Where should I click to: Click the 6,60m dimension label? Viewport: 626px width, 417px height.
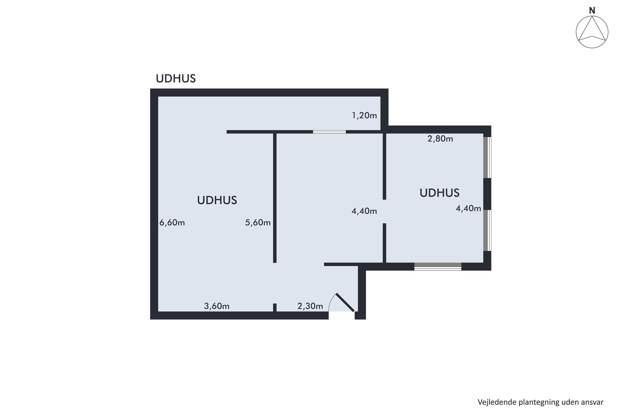click(x=172, y=223)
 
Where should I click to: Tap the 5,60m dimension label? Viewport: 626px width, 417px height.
click(x=258, y=223)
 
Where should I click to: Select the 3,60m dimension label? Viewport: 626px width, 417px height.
click(x=217, y=306)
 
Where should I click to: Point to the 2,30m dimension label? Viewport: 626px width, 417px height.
click(x=310, y=306)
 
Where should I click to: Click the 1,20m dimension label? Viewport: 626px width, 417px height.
click(x=364, y=116)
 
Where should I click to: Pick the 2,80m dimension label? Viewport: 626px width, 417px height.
click(x=440, y=139)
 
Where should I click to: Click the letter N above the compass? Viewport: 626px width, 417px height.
click(x=592, y=11)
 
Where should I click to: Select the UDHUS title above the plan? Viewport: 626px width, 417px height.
click(x=176, y=78)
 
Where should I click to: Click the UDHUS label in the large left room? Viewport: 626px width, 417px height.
click(x=217, y=200)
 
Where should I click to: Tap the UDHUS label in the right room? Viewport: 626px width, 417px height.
click(x=439, y=193)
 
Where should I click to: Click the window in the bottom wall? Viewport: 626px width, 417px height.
click(x=438, y=266)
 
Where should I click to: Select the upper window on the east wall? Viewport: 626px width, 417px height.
click(x=487, y=157)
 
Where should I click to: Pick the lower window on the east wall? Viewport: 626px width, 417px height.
click(x=487, y=230)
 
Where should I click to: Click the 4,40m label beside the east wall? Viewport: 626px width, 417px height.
click(x=468, y=208)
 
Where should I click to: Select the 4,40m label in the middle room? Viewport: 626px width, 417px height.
click(x=364, y=211)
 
